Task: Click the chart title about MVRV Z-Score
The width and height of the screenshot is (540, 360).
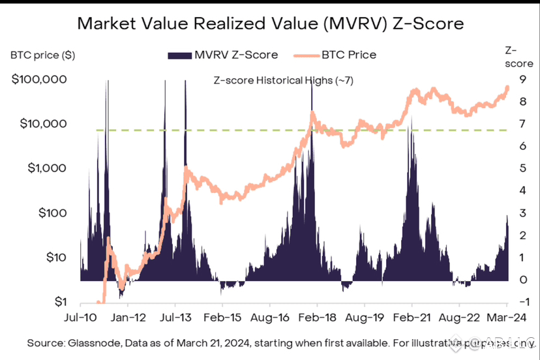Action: (270, 24)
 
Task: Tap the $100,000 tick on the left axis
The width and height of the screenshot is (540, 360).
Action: (40, 80)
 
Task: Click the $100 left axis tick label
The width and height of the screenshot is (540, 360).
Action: (50, 213)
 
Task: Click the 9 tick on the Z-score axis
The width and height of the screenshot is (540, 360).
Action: (523, 80)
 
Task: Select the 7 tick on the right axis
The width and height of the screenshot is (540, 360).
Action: (523, 124)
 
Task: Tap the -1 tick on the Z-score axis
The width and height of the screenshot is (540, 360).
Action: (522, 302)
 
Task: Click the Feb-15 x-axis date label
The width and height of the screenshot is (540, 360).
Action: (222, 318)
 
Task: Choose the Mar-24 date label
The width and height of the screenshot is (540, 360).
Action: (506, 318)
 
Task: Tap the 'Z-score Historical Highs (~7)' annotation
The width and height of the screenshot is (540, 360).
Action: (284, 80)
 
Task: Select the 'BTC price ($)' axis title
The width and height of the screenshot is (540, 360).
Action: (42, 55)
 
